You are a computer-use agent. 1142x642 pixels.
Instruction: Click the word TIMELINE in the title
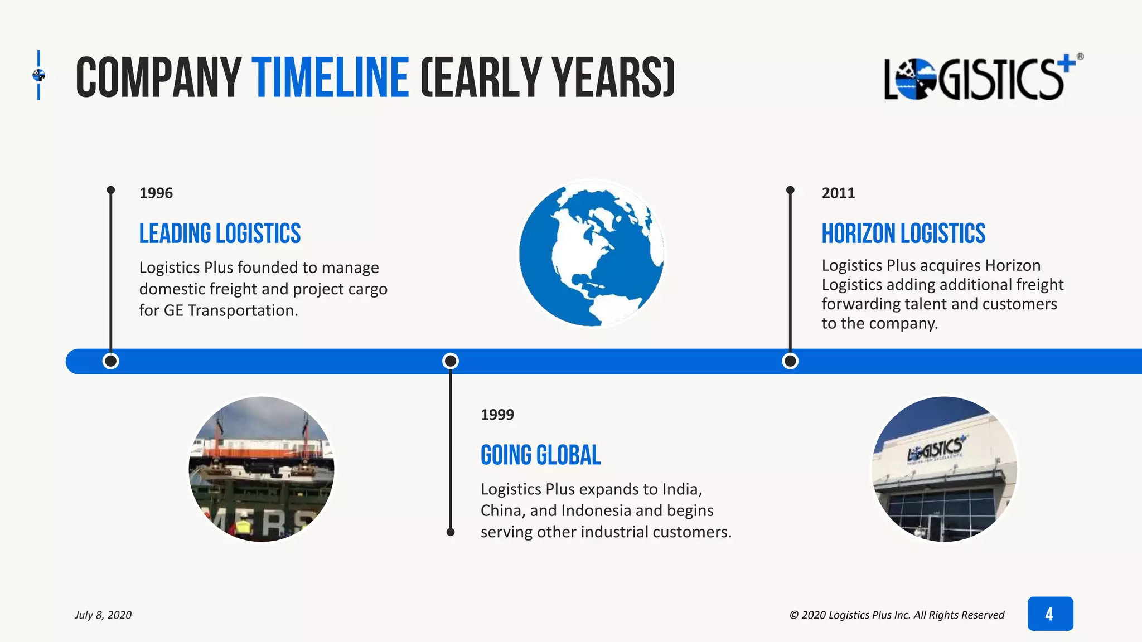pyautogui.click(x=330, y=77)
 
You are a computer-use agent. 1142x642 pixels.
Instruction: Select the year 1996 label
pyautogui.click(x=156, y=193)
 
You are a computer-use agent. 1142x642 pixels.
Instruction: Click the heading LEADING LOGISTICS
pyautogui.click(x=220, y=234)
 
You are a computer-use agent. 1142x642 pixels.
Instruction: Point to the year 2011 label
pyautogui.click(x=838, y=193)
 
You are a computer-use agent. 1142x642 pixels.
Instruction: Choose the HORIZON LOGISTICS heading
pyautogui.click(x=903, y=234)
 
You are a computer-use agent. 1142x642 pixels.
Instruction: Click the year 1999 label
pyautogui.click(x=497, y=415)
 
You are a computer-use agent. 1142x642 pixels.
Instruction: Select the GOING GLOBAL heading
pyautogui.click(x=541, y=455)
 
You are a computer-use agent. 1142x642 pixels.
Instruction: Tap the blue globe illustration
pyautogui.click(x=592, y=253)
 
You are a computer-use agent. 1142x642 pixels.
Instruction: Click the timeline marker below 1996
pyautogui.click(x=111, y=361)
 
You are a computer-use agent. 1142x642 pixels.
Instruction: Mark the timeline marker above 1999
pyautogui.click(x=451, y=361)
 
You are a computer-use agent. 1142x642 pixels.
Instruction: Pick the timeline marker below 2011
pyautogui.click(x=790, y=361)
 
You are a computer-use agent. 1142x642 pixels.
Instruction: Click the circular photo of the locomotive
pyautogui.click(x=262, y=469)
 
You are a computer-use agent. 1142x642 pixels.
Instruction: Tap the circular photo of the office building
pyautogui.click(x=945, y=469)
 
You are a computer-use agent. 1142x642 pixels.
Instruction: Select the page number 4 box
pyautogui.click(x=1050, y=614)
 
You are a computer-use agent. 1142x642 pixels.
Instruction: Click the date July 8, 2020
pyautogui.click(x=103, y=615)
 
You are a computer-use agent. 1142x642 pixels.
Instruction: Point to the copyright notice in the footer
pyautogui.click(x=897, y=615)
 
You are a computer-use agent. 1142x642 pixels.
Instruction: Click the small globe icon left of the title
pyautogui.click(x=39, y=75)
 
